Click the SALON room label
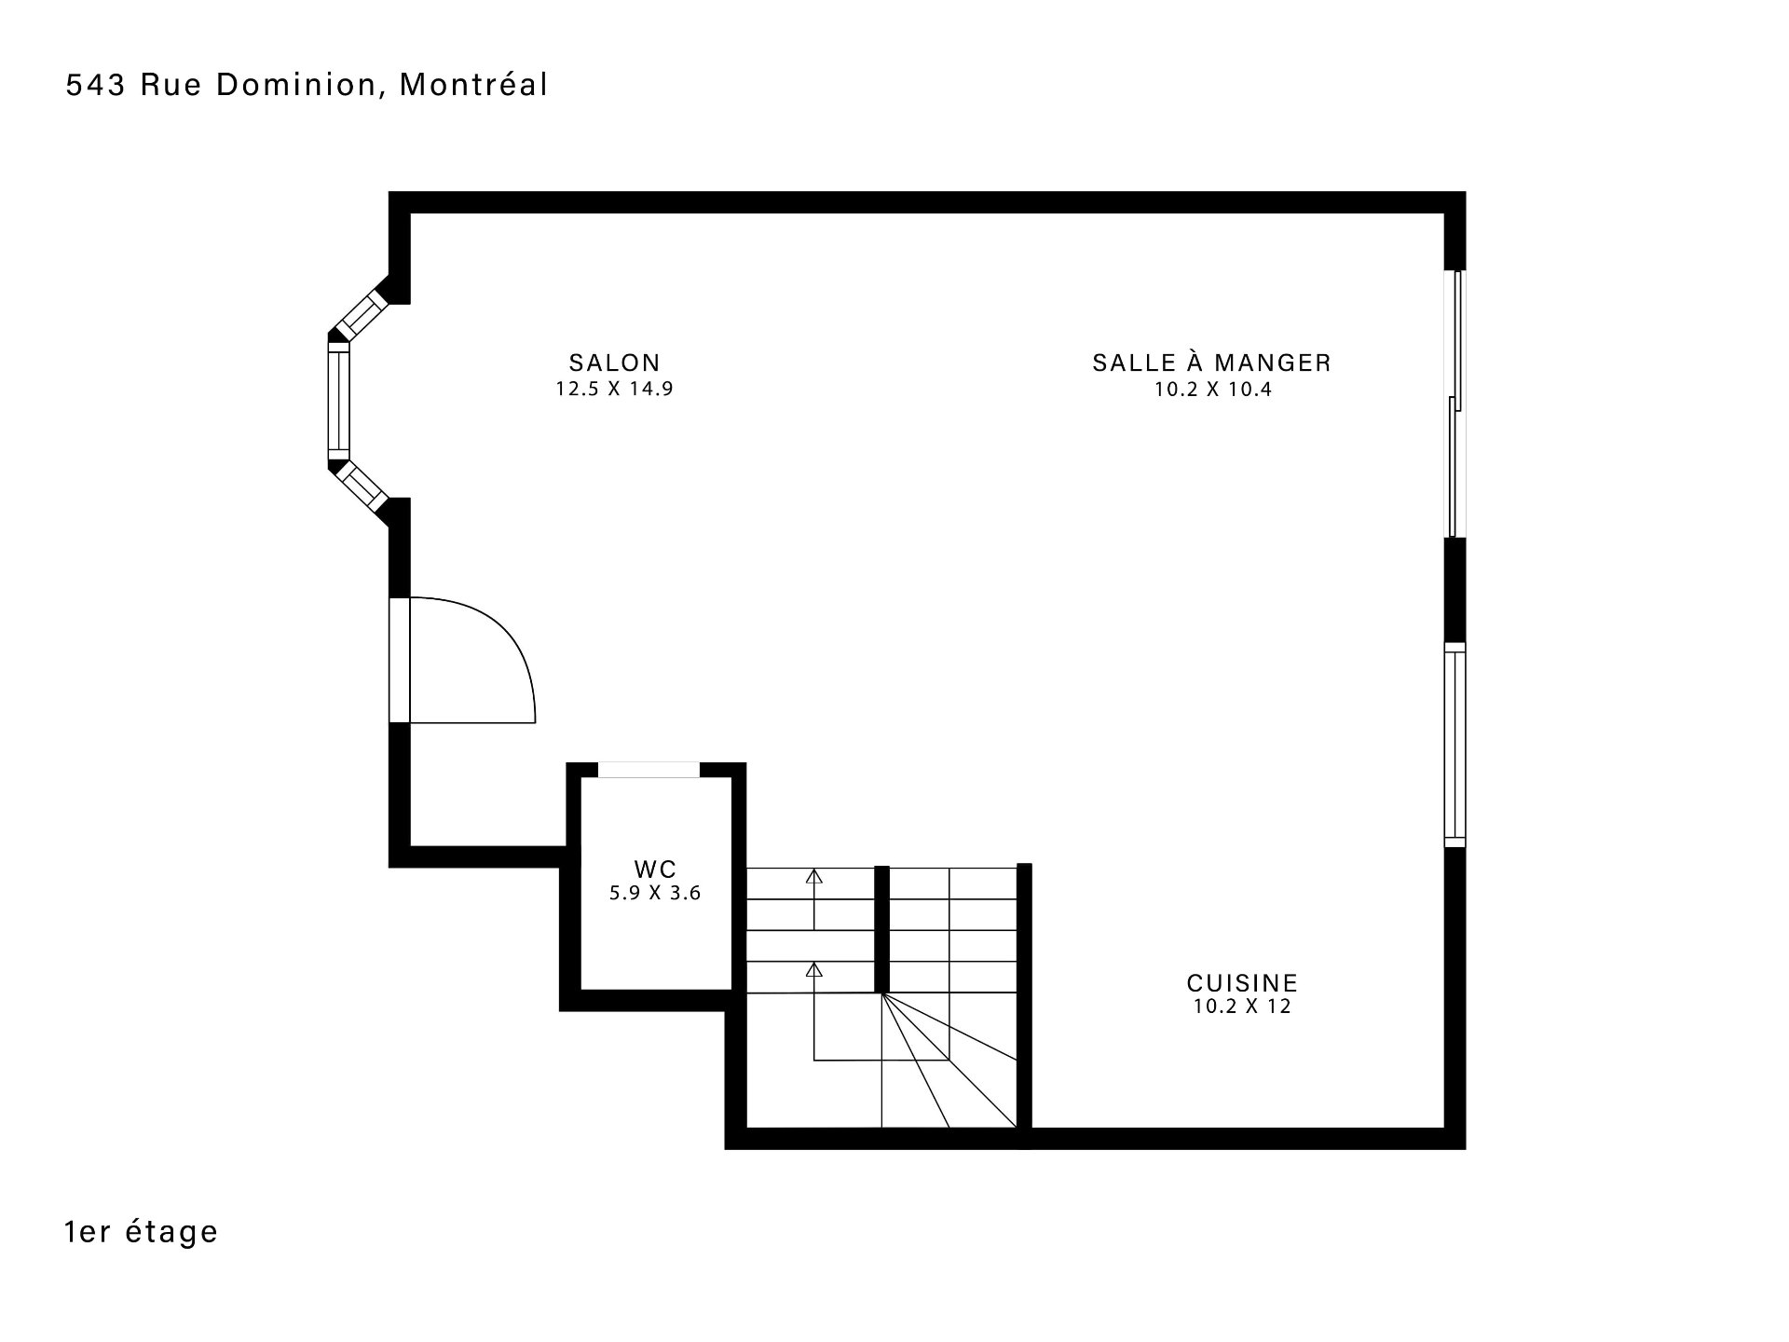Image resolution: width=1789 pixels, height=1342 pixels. [x=614, y=363]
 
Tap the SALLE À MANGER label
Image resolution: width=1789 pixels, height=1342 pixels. [x=1211, y=363]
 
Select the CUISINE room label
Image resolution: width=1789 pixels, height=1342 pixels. [x=1242, y=983]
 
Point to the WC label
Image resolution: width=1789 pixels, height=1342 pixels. [x=655, y=870]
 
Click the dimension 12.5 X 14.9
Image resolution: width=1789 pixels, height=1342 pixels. [x=614, y=390]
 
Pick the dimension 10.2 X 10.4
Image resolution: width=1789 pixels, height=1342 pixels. [x=1213, y=390]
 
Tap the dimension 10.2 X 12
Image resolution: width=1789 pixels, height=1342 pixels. [x=1242, y=1007]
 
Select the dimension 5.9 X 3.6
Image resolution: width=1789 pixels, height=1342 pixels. [x=655, y=894]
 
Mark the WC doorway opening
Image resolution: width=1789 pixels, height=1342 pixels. [x=649, y=770]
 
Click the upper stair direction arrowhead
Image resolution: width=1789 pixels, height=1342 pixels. [x=814, y=876]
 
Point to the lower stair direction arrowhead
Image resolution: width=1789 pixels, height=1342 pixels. [x=814, y=969]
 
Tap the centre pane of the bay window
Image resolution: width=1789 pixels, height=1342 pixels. [x=338, y=402]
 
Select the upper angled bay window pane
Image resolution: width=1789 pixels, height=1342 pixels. [x=362, y=312]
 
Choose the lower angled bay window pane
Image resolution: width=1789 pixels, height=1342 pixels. [x=362, y=487]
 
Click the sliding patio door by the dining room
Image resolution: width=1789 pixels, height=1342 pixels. [x=1454, y=404]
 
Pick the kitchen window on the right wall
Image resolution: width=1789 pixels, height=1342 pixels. [x=1454, y=745]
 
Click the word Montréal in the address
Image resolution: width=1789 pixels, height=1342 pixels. [x=474, y=85]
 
